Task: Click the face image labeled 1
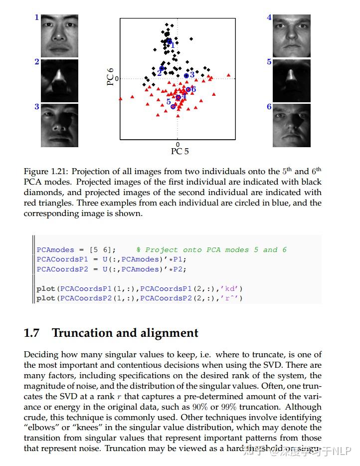click(x=59, y=36)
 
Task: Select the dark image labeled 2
click(x=59, y=80)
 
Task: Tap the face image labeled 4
click(x=292, y=36)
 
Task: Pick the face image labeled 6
click(x=292, y=125)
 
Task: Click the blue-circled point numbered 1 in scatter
click(x=169, y=41)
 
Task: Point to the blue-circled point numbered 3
click(x=186, y=76)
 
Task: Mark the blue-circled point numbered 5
click(x=173, y=106)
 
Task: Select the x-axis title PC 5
click(x=180, y=151)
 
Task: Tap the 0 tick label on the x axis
click(x=178, y=144)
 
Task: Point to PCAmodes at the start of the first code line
click(x=55, y=249)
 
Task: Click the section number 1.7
click(x=32, y=333)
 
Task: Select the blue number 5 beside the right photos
click(x=269, y=62)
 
